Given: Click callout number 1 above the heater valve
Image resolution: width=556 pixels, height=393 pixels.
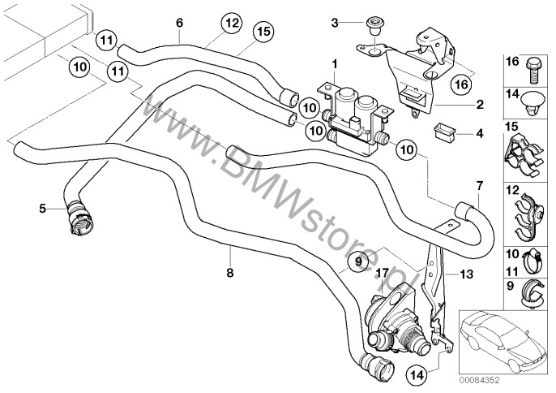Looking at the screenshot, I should (x=334, y=63).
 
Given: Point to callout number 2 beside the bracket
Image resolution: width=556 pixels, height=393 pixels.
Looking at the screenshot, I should (x=481, y=106).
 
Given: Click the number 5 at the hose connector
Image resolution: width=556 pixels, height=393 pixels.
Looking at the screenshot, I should (x=41, y=209).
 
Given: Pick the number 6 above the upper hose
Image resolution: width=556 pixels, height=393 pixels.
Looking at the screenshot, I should (x=178, y=23).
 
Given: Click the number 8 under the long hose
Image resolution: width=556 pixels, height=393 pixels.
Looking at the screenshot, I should (x=229, y=272).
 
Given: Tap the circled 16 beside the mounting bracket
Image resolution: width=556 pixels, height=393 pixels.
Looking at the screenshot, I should (x=460, y=83).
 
